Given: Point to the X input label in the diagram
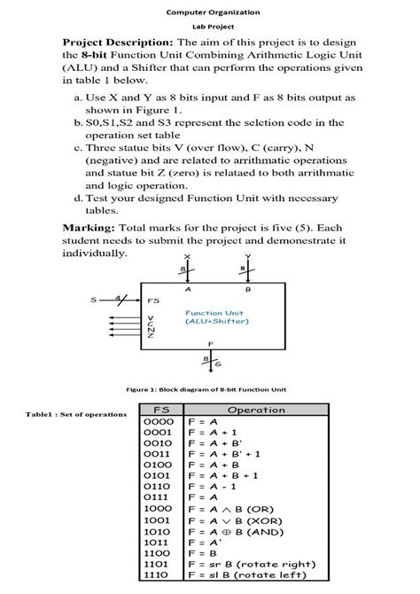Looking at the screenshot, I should point(187,256).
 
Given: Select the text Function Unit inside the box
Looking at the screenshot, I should point(214,312).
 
